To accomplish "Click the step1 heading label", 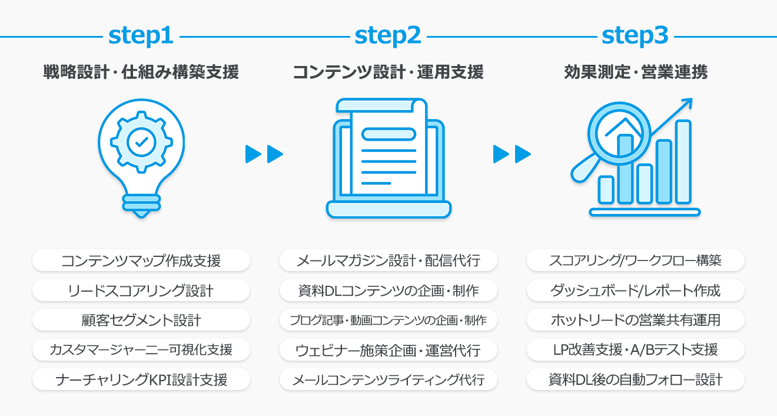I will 141,37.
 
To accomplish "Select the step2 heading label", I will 388,37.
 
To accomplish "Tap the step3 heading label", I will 635,37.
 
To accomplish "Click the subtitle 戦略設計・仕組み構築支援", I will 141,72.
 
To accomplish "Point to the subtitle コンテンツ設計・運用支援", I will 388,72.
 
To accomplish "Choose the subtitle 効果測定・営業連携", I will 636,72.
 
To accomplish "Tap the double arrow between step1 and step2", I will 264,154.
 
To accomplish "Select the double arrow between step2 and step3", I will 512,154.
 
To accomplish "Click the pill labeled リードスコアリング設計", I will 141,290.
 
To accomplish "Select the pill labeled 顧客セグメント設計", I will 141,320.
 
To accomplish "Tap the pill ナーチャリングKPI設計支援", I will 141,379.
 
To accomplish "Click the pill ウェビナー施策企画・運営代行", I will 388,350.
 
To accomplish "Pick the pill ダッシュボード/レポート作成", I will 636,290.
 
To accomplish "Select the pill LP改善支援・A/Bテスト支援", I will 636,350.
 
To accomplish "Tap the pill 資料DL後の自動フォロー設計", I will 636,379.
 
